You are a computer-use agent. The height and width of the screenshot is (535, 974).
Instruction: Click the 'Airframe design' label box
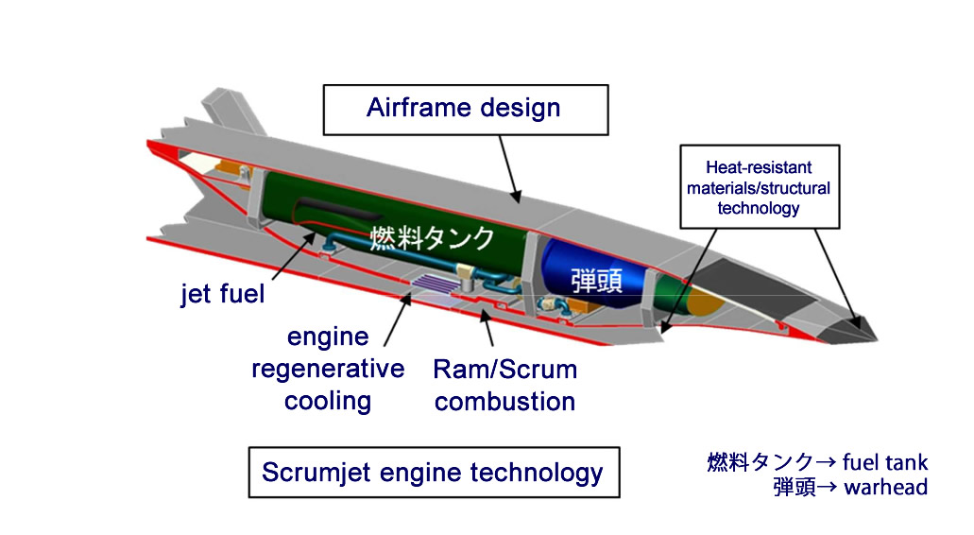(465, 110)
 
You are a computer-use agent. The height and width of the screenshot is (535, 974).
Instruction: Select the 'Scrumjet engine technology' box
(434, 473)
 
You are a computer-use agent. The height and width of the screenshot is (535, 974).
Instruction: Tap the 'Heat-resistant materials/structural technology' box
(759, 187)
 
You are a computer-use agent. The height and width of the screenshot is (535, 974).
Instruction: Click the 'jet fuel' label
(223, 293)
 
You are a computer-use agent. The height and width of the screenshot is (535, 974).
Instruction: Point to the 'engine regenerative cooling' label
(328, 369)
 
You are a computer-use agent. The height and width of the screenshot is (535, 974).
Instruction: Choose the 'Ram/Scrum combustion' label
(505, 386)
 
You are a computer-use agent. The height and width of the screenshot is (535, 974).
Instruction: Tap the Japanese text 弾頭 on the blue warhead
(596, 280)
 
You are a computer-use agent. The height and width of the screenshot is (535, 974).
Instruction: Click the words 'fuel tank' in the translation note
(885, 462)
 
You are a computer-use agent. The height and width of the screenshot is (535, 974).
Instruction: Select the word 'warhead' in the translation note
(886, 487)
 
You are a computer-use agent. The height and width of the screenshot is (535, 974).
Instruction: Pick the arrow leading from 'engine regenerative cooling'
(398, 320)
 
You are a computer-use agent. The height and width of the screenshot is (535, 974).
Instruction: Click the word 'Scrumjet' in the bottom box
(316, 473)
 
